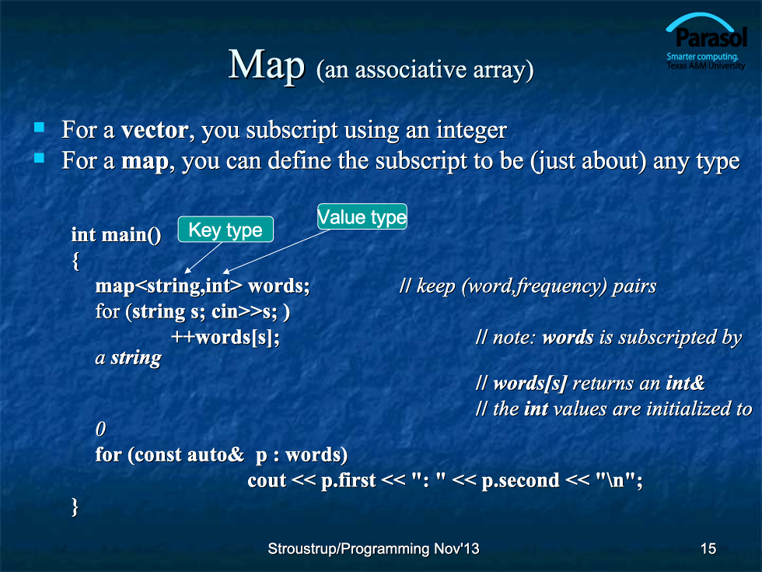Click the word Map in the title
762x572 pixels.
pos(267,65)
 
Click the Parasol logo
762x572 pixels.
pos(706,41)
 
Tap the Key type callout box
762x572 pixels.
pos(225,230)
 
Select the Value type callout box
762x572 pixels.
pos(362,216)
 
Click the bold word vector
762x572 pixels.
pos(155,130)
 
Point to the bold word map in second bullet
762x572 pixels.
pos(145,161)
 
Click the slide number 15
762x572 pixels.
pos(708,549)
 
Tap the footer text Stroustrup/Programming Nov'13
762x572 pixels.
pos(373,549)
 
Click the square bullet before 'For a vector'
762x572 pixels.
pos(40,128)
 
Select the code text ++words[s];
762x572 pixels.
pos(225,337)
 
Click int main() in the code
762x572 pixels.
pos(116,235)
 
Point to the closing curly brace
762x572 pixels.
pos(75,507)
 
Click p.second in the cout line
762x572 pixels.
pos(520,481)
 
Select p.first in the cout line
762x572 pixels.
pos(348,481)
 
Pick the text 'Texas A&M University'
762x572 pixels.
pos(706,65)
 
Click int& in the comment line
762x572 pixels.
pos(685,383)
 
